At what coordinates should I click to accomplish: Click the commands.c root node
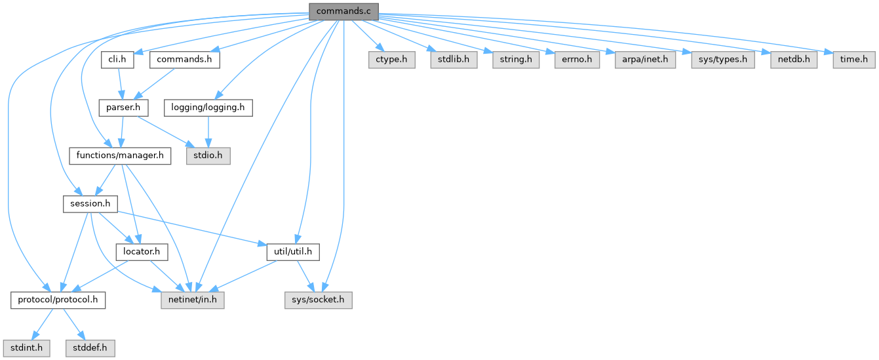[x=343, y=11]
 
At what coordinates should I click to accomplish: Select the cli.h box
[x=118, y=60]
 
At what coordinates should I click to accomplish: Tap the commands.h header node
[x=184, y=60]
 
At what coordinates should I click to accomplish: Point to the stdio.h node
[x=207, y=156]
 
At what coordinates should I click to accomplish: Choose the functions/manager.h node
[x=120, y=156]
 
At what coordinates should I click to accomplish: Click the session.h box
[x=90, y=204]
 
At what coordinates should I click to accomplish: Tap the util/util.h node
[x=293, y=251]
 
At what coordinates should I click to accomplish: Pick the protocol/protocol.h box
[x=58, y=300]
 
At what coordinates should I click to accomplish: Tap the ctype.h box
[x=391, y=60]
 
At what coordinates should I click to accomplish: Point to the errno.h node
[x=577, y=60]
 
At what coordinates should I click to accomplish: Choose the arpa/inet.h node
[x=646, y=60]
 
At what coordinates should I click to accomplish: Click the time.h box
[x=854, y=60]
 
